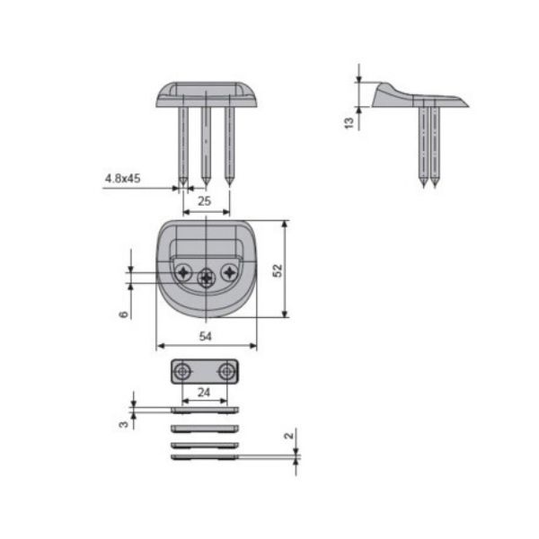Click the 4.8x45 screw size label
pyautogui.click(x=122, y=179)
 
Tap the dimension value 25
pyautogui.click(x=204, y=201)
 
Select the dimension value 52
pyautogui.click(x=277, y=270)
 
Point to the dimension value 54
pyautogui.click(x=205, y=336)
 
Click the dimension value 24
pyautogui.click(x=204, y=392)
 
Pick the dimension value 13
pyautogui.click(x=349, y=123)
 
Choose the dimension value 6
pyautogui.click(x=123, y=314)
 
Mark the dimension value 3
pyautogui.click(x=123, y=424)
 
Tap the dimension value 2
pyautogui.click(x=289, y=436)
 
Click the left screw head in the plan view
pyautogui.click(x=183, y=273)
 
